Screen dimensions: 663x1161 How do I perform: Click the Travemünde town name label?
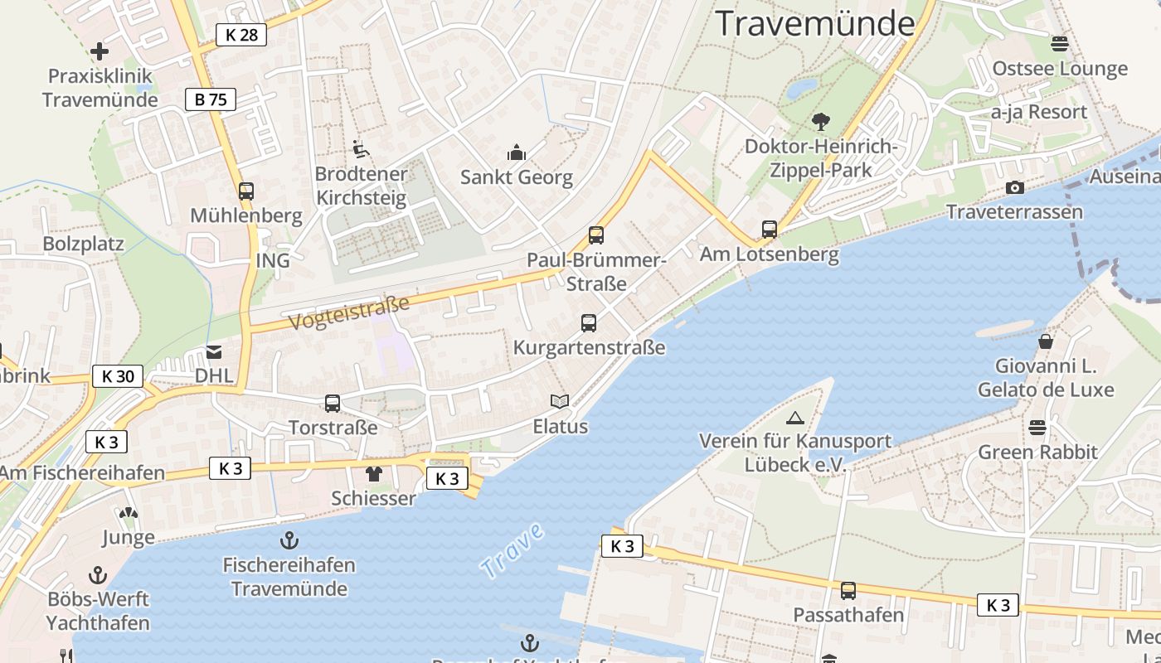(x=815, y=23)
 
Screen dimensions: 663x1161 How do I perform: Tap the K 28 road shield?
(x=241, y=34)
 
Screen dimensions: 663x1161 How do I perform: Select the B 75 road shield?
(x=210, y=100)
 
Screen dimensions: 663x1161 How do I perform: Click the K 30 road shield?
(x=117, y=376)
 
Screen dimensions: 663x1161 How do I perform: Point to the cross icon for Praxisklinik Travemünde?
(x=100, y=51)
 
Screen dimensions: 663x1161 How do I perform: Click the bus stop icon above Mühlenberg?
(x=246, y=191)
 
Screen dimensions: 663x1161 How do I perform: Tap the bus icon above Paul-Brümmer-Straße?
(x=596, y=235)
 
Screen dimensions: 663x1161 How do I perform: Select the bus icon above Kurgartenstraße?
(x=589, y=323)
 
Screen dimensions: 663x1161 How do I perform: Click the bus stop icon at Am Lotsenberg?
(x=770, y=230)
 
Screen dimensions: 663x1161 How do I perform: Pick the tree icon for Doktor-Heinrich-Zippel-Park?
(x=821, y=122)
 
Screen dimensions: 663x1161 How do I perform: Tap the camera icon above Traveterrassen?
(x=1014, y=188)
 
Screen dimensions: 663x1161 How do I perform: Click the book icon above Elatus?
(x=561, y=402)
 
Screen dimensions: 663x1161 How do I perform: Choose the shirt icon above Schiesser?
(x=373, y=474)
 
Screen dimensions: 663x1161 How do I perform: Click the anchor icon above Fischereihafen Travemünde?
(x=289, y=541)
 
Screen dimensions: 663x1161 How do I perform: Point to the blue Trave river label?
(x=512, y=550)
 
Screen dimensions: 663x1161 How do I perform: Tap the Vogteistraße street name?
(x=349, y=313)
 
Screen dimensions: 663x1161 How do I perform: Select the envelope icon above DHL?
(x=214, y=352)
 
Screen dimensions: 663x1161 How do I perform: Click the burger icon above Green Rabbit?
(x=1037, y=428)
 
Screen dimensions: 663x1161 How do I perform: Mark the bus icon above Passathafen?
(x=848, y=591)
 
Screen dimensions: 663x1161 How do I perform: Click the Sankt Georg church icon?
(x=517, y=152)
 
